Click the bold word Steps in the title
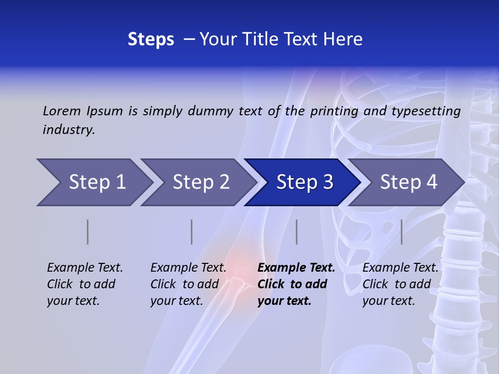click(151, 39)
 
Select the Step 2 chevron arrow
click(201, 182)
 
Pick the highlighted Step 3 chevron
click(304, 182)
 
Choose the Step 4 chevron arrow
click(408, 182)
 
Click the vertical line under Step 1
click(88, 232)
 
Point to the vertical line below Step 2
click(192, 232)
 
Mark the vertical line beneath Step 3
click(296, 232)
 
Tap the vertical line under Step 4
click(401, 232)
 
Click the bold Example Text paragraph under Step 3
click(296, 284)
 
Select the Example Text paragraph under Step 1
click(85, 284)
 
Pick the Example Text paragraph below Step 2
click(188, 284)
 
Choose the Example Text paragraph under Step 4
click(400, 284)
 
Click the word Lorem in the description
click(62, 111)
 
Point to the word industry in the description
click(69, 130)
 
